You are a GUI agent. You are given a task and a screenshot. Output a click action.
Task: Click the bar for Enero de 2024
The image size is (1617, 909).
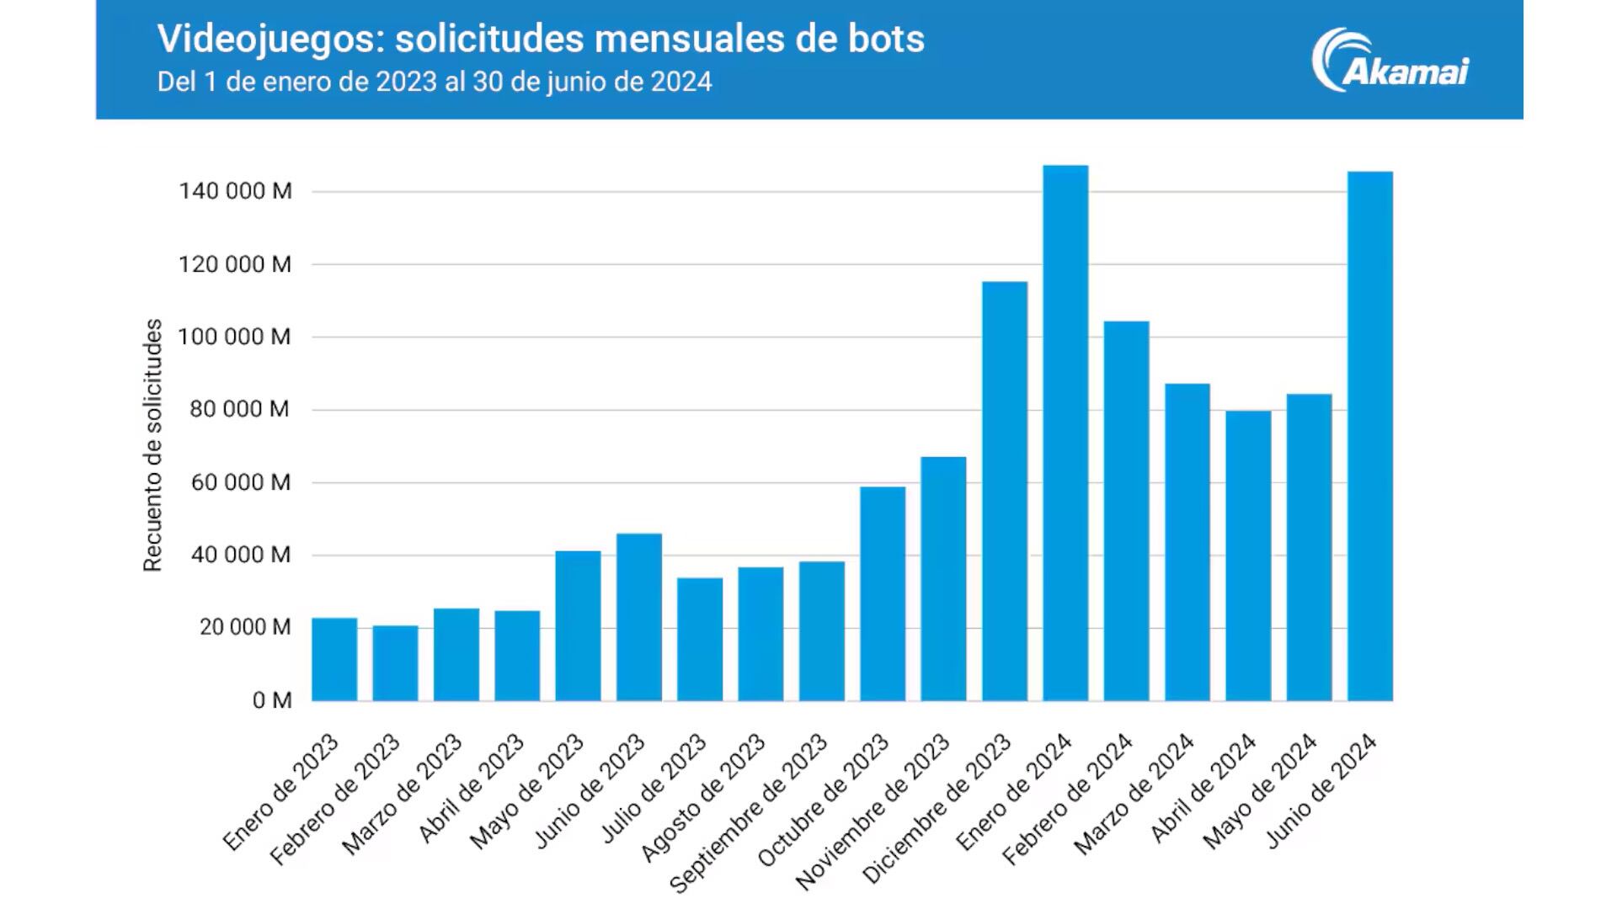pyautogui.click(x=1065, y=433)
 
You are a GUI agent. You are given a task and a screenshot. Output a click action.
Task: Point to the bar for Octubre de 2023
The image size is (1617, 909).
pyautogui.click(x=883, y=593)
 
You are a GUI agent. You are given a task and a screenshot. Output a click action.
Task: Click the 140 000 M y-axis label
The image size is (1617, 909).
pyautogui.click(x=235, y=191)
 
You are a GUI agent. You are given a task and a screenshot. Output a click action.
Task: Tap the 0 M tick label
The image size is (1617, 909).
pyautogui.click(x=271, y=700)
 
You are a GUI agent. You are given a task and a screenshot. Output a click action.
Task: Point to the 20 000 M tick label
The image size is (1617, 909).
pyautogui.click(x=245, y=627)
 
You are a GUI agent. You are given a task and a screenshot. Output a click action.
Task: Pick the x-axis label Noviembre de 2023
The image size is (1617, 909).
pyautogui.click(x=873, y=812)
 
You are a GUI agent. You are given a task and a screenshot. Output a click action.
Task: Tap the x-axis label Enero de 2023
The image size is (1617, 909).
pyautogui.click(x=281, y=792)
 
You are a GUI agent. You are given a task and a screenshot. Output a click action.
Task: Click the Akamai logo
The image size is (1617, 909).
pyautogui.click(x=1390, y=61)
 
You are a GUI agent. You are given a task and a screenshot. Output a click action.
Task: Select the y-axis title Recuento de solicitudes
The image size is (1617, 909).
pyautogui.click(x=152, y=445)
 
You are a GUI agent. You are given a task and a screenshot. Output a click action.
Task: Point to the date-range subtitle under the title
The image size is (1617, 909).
pyautogui.click(x=435, y=82)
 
